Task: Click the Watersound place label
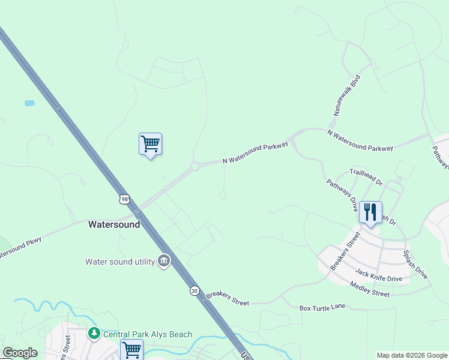click(114, 224)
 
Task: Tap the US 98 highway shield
click(124, 199)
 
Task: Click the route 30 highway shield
click(194, 290)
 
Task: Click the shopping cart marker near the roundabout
click(150, 144)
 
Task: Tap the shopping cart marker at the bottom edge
click(131, 349)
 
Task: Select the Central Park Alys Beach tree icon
click(94, 333)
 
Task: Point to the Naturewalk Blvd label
click(347, 95)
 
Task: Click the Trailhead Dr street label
click(366, 175)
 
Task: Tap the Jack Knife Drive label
click(378, 275)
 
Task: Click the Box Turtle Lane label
click(322, 307)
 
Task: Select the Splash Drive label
click(415, 265)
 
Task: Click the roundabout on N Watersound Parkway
click(194, 166)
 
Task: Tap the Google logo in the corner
click(20, 353)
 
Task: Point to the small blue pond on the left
click(29, 103)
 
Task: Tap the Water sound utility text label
click(119, 261)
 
